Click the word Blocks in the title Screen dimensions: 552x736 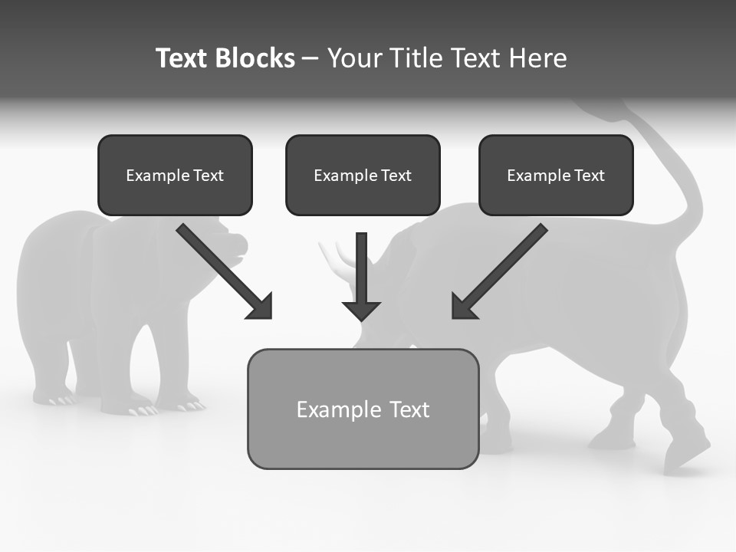click(x=255, y=58)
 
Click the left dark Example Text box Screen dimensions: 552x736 click(x=175, y=175)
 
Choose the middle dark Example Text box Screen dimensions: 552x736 click(x=363, y=175)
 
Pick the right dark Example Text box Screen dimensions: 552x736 click(x=556, y=175)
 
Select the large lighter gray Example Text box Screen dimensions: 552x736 click(x=363, y=409)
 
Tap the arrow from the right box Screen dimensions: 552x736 click(x=499, y=272)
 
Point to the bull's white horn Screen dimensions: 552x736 click(x=337, y=256)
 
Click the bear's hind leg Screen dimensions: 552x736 click(x=50, y=368)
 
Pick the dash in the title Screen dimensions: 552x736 click(x=310, y=58)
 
